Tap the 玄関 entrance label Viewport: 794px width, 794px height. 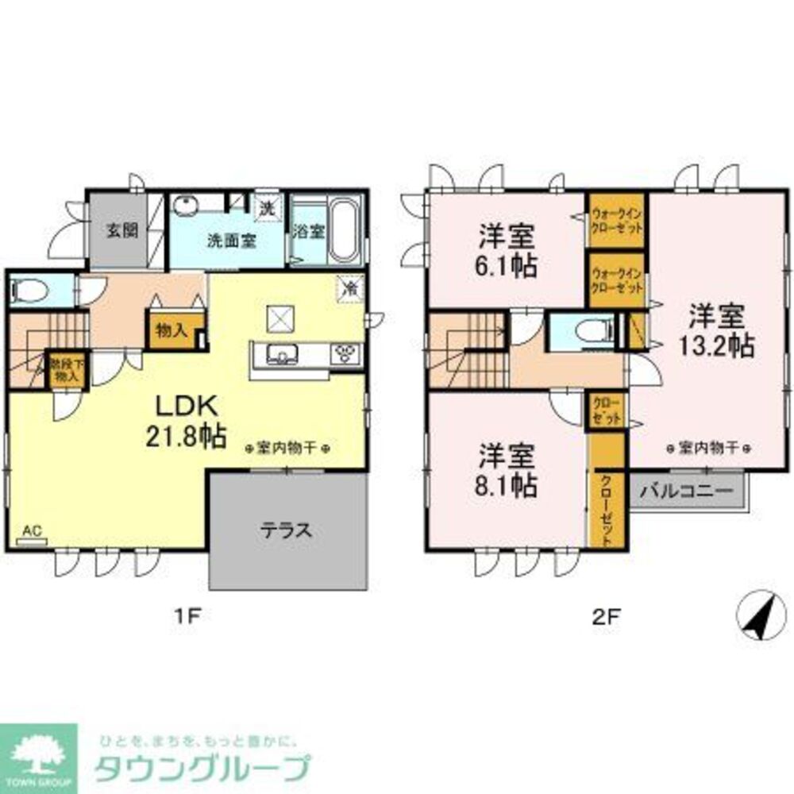point(122,231)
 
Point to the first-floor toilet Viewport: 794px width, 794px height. point(29,289)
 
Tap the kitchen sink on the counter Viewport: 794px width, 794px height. point(280,354)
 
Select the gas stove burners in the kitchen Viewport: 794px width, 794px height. point(345,354)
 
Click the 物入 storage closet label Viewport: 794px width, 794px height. point(172,330)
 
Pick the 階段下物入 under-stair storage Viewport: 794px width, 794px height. point(67,371)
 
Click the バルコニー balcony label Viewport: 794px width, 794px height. point(686,491)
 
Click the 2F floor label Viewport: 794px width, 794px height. point(607,616)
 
